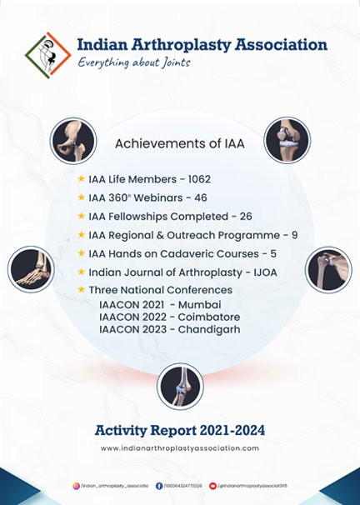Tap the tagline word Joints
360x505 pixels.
click(x=172, y=62)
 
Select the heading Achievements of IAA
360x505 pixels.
click(x=179, y=143)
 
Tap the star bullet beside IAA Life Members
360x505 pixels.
click(x=81, y=179)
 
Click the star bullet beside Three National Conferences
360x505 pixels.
click(x=81, y=290)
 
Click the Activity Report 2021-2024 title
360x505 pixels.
click(x=179, y=430)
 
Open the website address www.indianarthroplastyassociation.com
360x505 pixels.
click(x=179, y=448)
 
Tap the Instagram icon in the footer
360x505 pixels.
click(x=75, y=485)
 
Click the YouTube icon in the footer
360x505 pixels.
click(x=213, y=485)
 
